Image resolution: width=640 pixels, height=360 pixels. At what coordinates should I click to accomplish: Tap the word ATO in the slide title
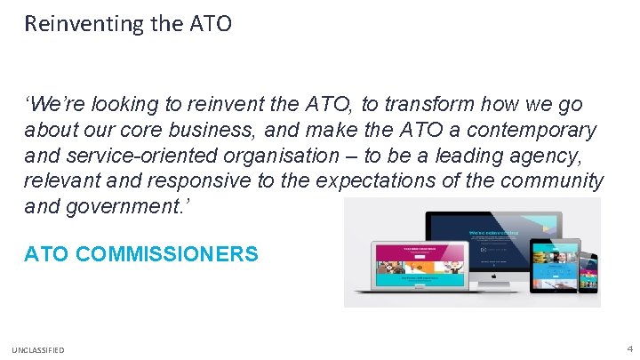tap(212, 24)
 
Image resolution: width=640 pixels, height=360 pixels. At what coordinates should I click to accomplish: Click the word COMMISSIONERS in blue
tap(167, 254)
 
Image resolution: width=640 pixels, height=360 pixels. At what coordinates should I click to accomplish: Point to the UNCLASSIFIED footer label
tap(38, 350)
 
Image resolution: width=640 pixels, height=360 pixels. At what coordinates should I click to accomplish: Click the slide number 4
tap(629, 349)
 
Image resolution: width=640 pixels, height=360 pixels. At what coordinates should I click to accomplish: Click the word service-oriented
tap(146, 156)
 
